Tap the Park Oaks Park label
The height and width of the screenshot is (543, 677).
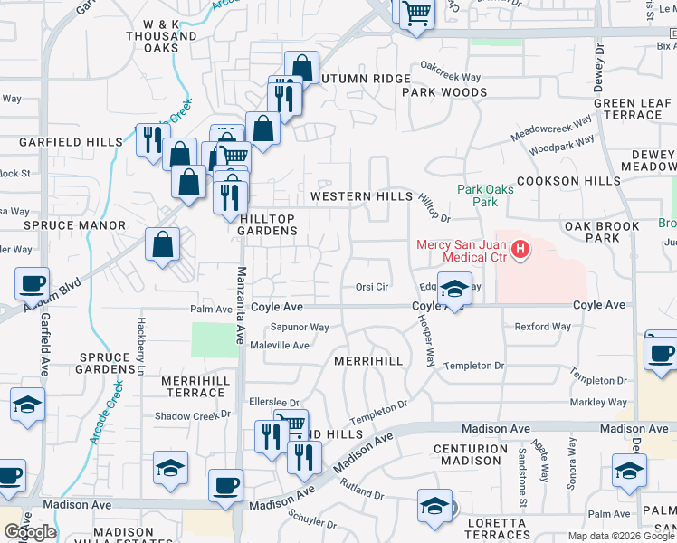tap(485, 195)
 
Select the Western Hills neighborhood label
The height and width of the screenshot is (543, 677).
tap(360, 195)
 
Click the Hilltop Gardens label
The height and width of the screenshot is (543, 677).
tap(268, 224)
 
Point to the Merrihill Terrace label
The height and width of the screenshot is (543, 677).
tap(194, 387)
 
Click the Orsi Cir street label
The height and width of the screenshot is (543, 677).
tap(371, 287)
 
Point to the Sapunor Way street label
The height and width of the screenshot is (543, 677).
tap(300, 328)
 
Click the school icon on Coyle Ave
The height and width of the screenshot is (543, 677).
tap(454, 290)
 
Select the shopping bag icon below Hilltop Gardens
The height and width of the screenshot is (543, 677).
tap(162, 244)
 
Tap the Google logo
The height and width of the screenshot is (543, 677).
tap(30, 531)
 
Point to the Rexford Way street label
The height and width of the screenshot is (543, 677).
tap(543, 327)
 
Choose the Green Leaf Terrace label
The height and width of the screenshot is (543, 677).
tap(634, 109)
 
